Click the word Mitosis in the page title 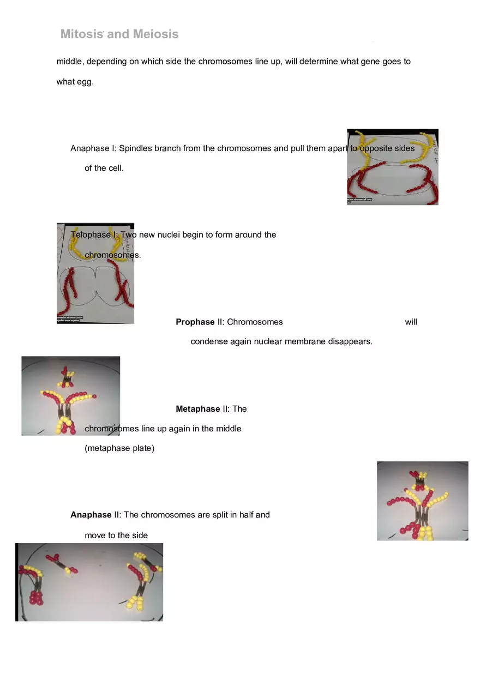coord(82,34)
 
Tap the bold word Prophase coord(195,322)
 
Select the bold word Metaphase coord(197,408)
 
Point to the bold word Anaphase coord(91,515)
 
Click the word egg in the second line coord(85,82)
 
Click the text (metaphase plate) coord(119,448)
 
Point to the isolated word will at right coord(411,322)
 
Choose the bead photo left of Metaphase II coord(70,395)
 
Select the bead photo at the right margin coord(422,501)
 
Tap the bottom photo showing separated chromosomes coord(89,582)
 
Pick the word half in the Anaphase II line coord(245,515)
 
